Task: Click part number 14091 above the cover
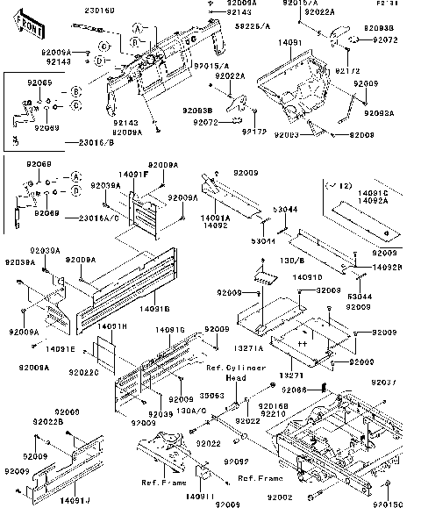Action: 290,41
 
